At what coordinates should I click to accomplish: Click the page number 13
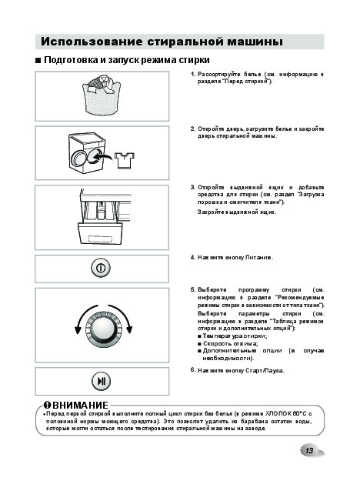(309, 451)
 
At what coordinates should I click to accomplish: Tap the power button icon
(101, 268)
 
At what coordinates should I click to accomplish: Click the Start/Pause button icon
(101, 381)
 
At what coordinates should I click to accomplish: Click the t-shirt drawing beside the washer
(125, 160)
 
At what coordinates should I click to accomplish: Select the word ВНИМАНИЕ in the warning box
(80, 406)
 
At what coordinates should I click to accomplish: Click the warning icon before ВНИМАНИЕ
(48, 405)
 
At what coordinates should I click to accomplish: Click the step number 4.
(192, 257)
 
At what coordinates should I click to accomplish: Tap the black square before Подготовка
(38, 60)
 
